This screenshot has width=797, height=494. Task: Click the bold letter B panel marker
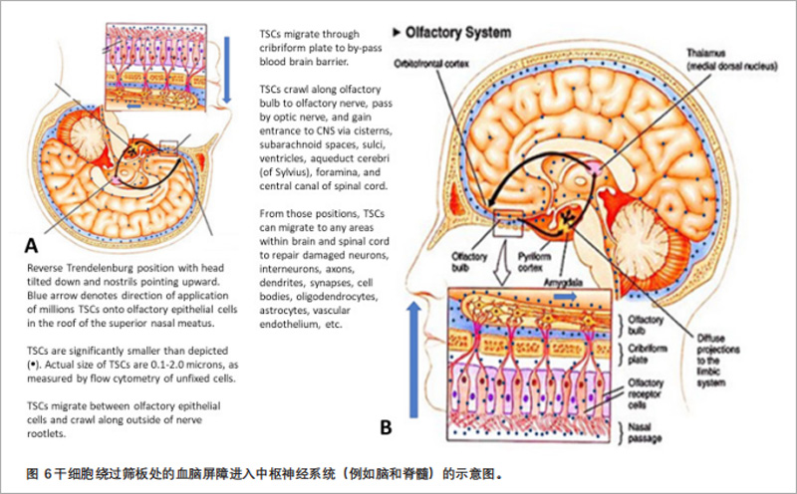[388, 428]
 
